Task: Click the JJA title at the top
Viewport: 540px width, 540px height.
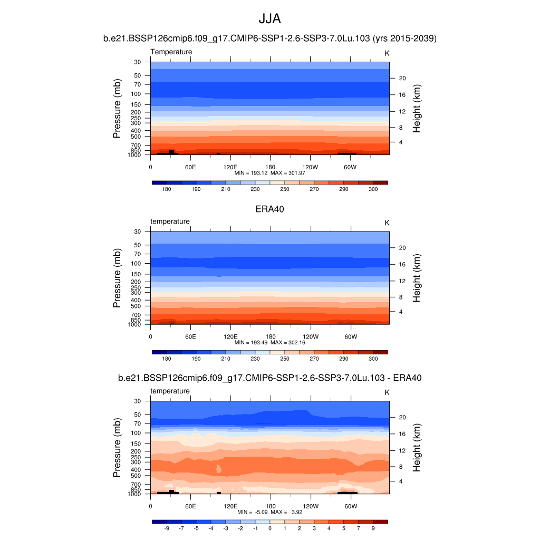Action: (269, 19)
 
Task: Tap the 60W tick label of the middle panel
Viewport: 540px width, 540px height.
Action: (351, 336)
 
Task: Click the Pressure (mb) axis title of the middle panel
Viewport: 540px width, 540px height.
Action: (117, 278)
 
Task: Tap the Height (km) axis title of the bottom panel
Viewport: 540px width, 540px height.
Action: (417, 447)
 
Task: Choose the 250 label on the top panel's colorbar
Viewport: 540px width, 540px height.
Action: (285, 189)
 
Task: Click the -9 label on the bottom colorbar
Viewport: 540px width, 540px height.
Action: (167, 528)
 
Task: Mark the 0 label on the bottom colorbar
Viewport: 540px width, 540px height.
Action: (270, 528)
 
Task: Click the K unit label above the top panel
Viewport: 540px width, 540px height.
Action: (387, 53)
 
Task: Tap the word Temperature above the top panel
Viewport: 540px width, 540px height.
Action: (171, 52)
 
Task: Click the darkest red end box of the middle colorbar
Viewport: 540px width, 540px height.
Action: (380, 352)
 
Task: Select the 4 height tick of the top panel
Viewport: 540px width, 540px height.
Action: (400, 142)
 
